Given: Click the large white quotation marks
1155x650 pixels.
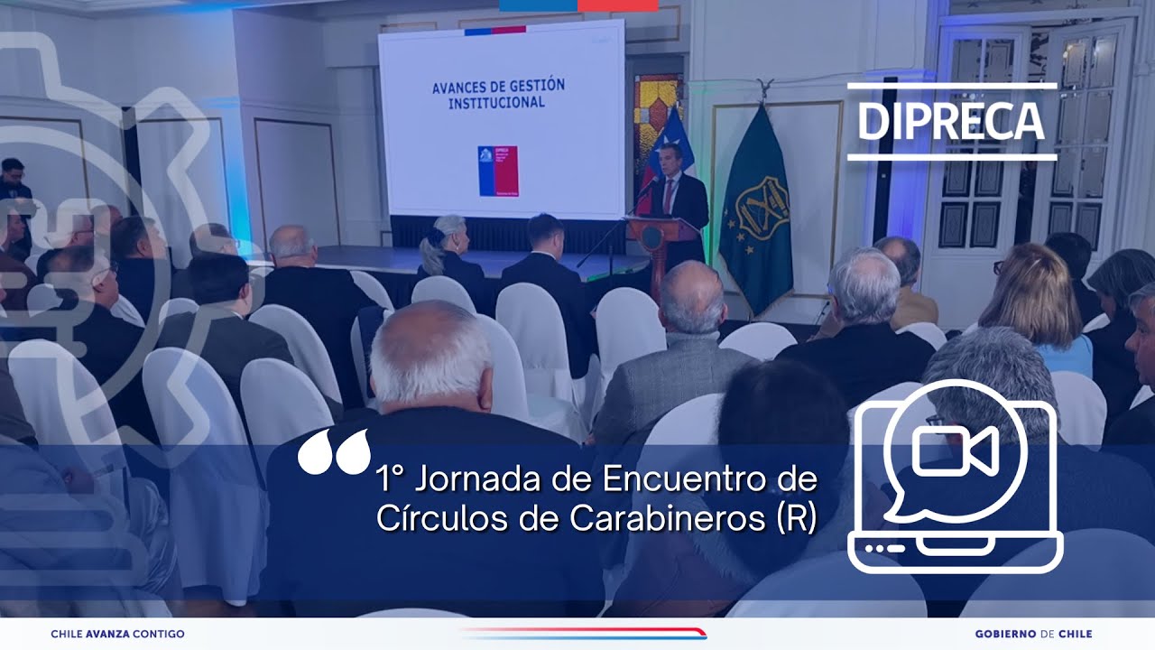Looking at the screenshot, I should click(x=334, y=451).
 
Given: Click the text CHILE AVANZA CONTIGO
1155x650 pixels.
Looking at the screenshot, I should click(x=117, y=634).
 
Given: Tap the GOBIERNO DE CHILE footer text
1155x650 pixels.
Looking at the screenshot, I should click(x=1033, y=634).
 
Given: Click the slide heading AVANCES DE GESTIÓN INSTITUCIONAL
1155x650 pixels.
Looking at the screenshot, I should click(x=498, y=94).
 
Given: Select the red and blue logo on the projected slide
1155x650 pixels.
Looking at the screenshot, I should click(x=498, y=171).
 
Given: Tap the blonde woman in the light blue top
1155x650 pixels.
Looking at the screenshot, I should click(x=1038, y=307).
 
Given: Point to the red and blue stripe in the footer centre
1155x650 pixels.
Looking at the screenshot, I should click(x=582, y=633).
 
